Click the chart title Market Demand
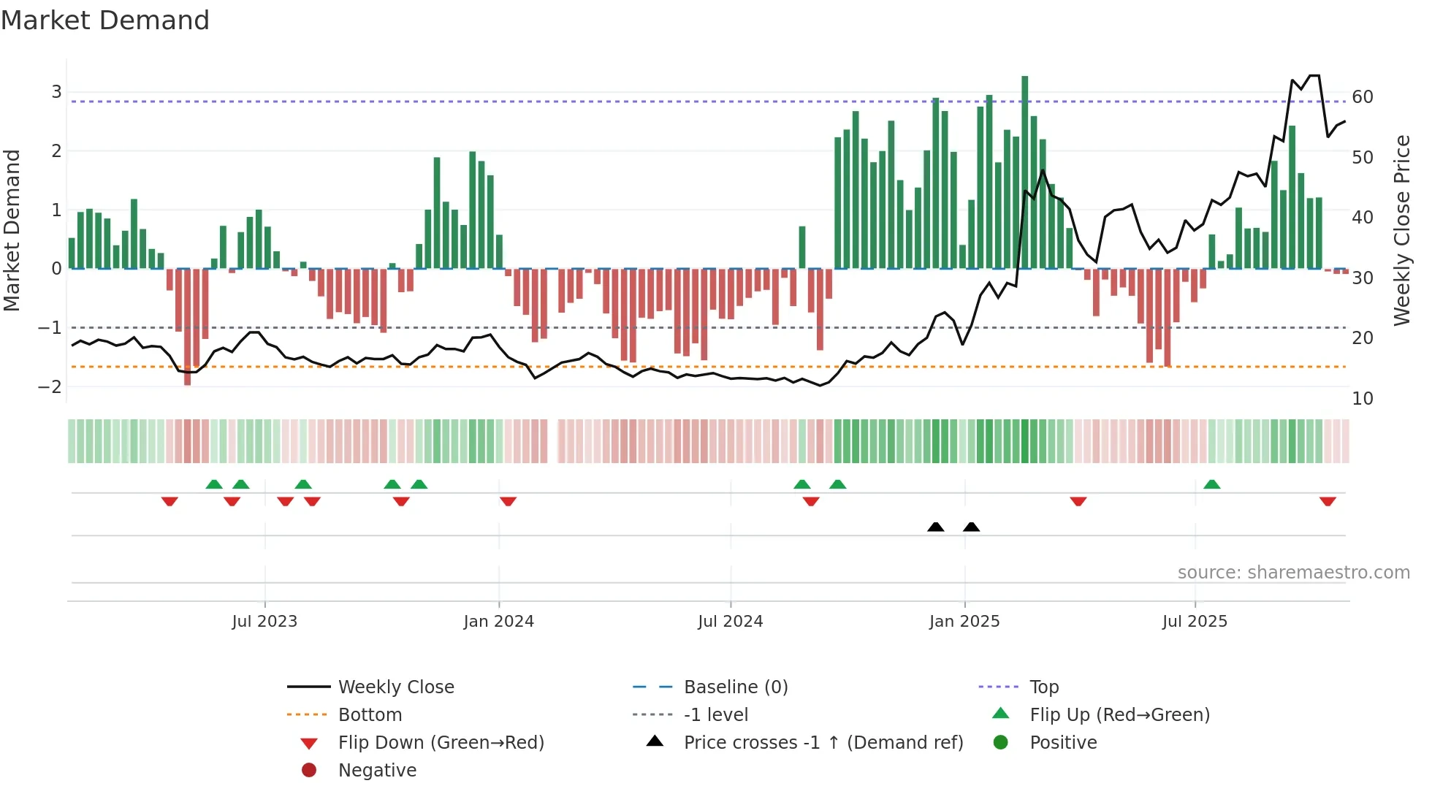[105, 20]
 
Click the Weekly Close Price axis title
[1401, 230]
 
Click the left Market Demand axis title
[12, 230]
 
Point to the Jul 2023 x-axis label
[264, 622]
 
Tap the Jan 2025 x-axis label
[964, 622]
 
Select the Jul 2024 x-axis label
[730, 622]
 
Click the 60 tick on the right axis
[1363, 97]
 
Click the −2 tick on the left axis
[50, 386]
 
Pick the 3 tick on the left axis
[56, 92]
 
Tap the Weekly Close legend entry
[395, 687]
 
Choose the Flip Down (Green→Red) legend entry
[441, 743]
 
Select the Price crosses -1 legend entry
[823, 743]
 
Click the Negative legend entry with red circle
[377, 771]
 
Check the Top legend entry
[1043, 687]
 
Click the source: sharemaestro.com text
[1293, 573]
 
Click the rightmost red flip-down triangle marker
[1328, 501]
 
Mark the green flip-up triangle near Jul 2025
[1211, 484]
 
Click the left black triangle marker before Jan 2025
[935, 527]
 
